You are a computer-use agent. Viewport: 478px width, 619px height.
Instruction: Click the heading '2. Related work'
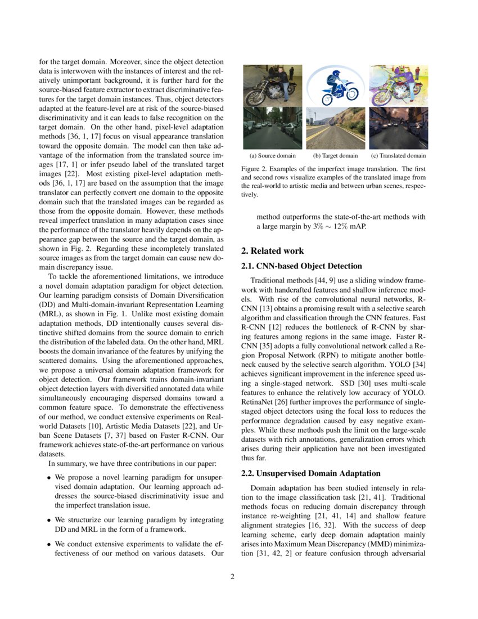point(272,251)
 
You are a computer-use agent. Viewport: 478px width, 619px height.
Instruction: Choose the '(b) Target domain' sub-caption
point(335,155)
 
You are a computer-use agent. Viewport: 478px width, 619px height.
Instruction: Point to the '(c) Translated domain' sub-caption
point(398,155)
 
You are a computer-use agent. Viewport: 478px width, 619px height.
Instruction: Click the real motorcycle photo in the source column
point(273,86)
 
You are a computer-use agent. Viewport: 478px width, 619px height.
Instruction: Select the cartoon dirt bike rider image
point(335,86)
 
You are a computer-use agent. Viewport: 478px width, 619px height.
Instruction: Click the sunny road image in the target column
point(335,128)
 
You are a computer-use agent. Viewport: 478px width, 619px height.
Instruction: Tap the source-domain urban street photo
point(273,128)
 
